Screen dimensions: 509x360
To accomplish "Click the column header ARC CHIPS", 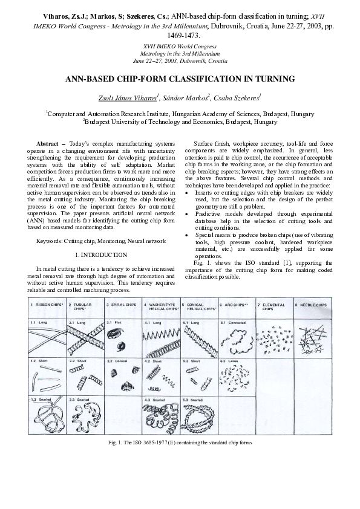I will pos(235,305).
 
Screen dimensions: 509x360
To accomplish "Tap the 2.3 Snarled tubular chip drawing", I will pos(85,418).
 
